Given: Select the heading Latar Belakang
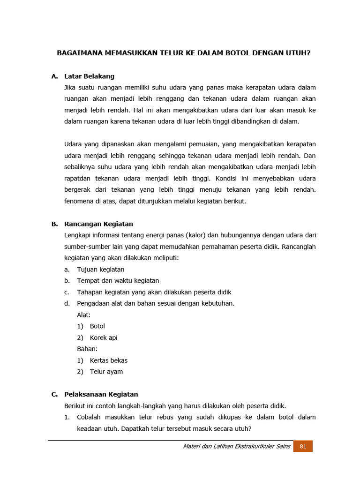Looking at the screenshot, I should pyautogui.click(x=89, y=76).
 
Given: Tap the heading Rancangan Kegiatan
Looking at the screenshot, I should pyautogui.click(x=98, y=224).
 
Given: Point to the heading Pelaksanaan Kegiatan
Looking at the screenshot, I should pyautogui.click(x=101, y=394).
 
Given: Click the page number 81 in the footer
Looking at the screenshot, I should pyautogui.click(x=303, y=446).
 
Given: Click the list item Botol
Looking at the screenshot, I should pyautogui.click(x=97, y=326).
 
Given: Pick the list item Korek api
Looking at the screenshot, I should pyautogui.click(x=104, y=337).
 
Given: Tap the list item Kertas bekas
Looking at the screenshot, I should pyautogui.click(x=108, y=360).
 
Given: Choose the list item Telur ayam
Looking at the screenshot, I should pyautogui.click(x=106, y=372).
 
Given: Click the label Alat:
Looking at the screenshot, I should pyautogui.click(x=84, y=315).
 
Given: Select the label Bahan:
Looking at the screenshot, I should pyautogui.click(x=87, y=349).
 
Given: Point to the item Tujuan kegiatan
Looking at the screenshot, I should pyautogui.click(x=100, y=270).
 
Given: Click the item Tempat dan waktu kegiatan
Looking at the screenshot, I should pyautogui.click(x=118, y=281).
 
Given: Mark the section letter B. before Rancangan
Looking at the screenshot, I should pyautogui.click(x=55, y=224).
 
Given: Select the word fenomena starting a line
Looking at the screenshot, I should pyautogui.click(x=78, y=201).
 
